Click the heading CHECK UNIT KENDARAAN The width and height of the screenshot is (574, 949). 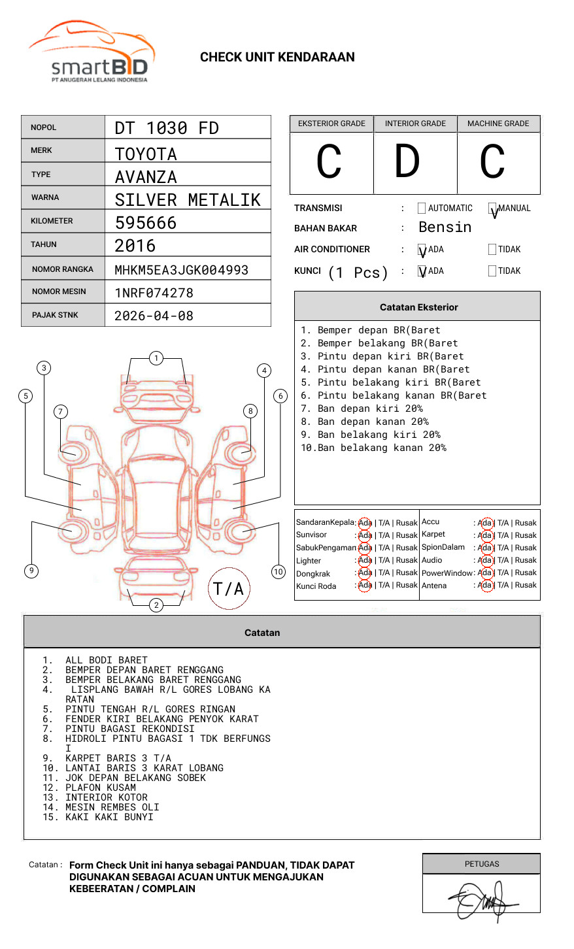point(277,58)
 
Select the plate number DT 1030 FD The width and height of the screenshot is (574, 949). point(167,128)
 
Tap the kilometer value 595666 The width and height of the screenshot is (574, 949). point(146,223)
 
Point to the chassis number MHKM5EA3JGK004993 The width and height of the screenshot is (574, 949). point(181,270)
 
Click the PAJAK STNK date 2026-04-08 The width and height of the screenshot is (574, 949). point(154,316)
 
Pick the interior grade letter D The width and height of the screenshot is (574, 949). point(407,162)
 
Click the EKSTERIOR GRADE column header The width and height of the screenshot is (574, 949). point(331,124)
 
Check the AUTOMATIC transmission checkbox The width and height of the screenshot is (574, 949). point(422,208)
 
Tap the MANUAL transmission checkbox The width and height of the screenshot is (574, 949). point(493,208)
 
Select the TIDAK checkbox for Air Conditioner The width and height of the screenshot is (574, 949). point(492,250)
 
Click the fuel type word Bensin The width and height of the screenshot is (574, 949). point(445,227)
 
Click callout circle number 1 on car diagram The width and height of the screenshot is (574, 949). point(156,358)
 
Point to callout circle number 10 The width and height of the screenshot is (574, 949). point(279,572)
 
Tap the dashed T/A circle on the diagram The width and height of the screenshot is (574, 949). point(228,588)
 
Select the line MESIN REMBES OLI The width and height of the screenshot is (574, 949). point(112,807)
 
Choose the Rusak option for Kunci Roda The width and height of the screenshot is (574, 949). point(407,585)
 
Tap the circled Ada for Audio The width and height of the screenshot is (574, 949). point(485,560)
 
